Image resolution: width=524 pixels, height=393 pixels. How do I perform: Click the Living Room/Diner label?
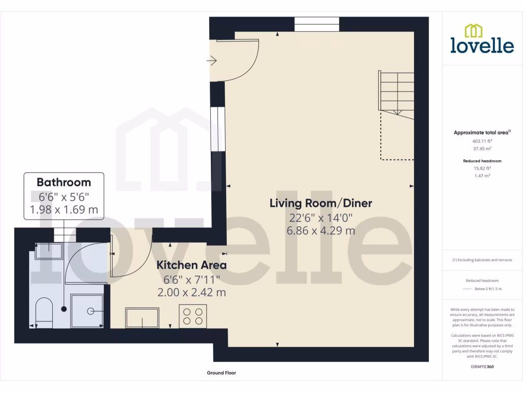coord(321,203)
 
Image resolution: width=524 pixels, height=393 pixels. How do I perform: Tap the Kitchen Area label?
coord(191,265)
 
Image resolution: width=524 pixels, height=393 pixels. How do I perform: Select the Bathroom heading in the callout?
coord(64,182)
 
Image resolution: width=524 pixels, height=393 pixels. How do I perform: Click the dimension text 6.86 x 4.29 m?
coord(321,230)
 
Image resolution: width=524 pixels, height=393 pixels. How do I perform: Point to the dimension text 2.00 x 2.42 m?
coord(191,293)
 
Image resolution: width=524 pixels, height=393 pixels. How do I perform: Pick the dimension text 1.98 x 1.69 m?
coord(64,210)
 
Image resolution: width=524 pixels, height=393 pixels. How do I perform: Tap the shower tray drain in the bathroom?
coord(91,310)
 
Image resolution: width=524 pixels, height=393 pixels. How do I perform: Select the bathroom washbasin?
coord(49,250)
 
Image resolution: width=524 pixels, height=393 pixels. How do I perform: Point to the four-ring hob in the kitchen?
coord(193,316)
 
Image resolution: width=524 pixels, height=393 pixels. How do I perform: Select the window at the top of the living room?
coord(317,24)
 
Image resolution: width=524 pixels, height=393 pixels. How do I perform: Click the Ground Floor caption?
coord(221,373)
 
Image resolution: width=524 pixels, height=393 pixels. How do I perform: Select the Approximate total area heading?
coord(481,133)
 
